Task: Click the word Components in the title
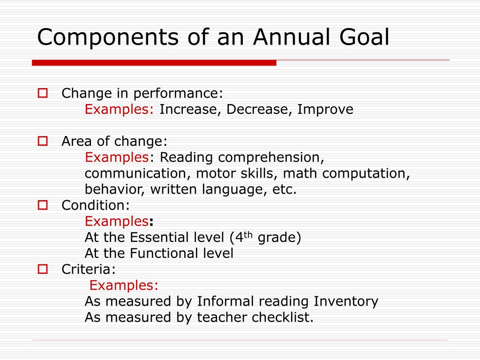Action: click(108, 37)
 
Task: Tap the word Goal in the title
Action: click(364, 37)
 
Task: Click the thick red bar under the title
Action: click(154, 63)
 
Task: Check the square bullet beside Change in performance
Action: click(43, 93)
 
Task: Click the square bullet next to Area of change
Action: click(43, 141)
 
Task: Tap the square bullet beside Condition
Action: click(43, 205)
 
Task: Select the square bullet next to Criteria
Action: click(43, 269)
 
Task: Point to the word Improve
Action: click(325, 110)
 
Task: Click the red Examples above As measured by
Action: click(124, 285)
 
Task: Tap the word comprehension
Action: click(271, 157)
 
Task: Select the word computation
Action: click(366, 173)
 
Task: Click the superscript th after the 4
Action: click(248, 235)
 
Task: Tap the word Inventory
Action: click(346, 301)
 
